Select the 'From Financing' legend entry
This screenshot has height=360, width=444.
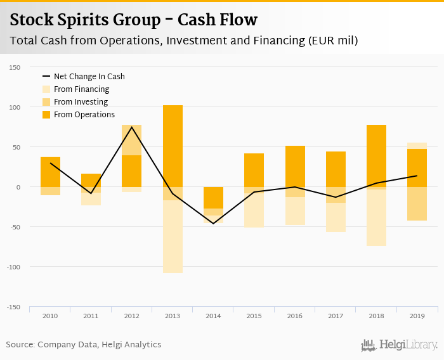coord(81,89)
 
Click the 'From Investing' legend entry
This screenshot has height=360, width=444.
coord(81,102)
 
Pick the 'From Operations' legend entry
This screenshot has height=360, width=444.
coord(84,115)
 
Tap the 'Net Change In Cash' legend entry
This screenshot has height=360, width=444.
coord(89,77)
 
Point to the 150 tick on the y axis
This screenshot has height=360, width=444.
coord(15,67)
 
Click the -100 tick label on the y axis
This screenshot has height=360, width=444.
coord(13,267)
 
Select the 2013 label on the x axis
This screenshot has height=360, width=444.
coord(172,315)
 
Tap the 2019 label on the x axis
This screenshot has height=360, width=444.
coord(417,315)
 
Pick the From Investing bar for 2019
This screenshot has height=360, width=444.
coord(417,203)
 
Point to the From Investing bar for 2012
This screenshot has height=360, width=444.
coord(131,140)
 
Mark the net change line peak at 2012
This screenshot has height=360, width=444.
coord(131,127)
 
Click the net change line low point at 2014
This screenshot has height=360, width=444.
coord(213,223)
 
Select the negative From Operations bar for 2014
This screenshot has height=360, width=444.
coord(213,198)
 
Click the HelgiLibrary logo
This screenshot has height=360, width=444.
coord(399,345)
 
